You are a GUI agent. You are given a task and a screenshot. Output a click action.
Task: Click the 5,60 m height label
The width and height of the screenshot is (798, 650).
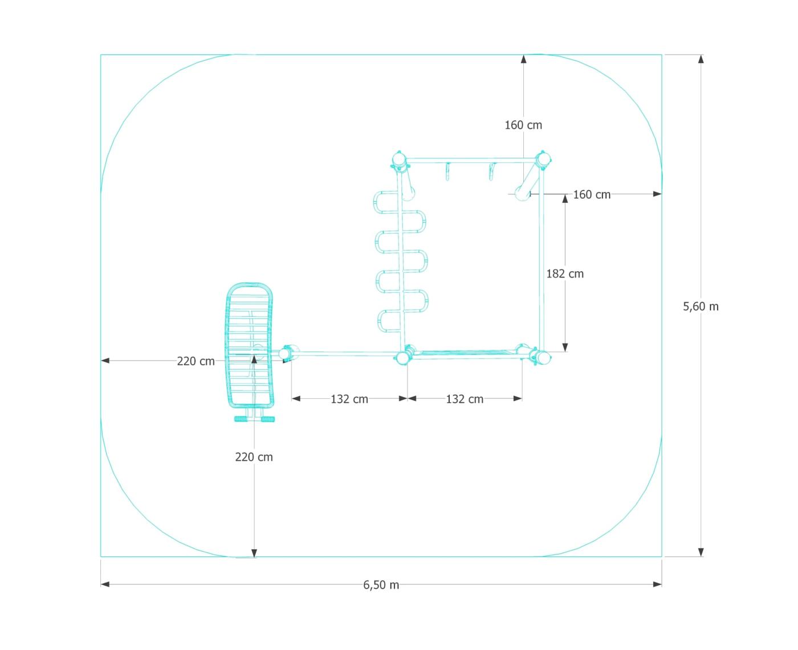pos(700,306)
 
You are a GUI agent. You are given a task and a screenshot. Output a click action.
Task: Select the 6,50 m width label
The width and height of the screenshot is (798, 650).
pos(381,584)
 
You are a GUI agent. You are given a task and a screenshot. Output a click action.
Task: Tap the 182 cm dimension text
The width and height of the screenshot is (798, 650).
pos(565,273)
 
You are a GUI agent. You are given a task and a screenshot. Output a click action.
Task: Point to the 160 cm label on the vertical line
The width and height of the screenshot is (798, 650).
pos(523,125)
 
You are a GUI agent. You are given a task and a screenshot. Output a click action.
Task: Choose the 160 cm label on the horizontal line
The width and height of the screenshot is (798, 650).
pos(592,194)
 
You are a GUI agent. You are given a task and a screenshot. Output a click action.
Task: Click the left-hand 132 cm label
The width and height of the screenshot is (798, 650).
pos(349,399)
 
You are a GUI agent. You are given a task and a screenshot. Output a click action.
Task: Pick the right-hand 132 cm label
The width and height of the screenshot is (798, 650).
pos(465,399)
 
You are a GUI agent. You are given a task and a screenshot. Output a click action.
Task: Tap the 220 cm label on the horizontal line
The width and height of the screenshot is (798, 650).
pos(196,361)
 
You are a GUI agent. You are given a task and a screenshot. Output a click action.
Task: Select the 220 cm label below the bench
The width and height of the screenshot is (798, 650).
pos(254,457)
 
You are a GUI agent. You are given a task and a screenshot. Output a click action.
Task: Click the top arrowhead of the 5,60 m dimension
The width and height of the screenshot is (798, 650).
pos(701,59)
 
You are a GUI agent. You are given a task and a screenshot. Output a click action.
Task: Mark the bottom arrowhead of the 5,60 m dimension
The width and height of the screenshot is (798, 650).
pos(701,552)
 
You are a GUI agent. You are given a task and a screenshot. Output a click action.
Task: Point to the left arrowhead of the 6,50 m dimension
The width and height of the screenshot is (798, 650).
pos(105,584)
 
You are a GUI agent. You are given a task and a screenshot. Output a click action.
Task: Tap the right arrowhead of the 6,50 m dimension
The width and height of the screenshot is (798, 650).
pos(657,584)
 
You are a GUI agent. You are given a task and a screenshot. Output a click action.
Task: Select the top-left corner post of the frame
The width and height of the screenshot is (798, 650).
pos(399,160)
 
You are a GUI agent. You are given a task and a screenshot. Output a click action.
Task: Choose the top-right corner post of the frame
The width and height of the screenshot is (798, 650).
pos(543,159)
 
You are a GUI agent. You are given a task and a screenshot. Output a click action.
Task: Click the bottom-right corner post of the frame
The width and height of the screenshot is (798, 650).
pos(542,357)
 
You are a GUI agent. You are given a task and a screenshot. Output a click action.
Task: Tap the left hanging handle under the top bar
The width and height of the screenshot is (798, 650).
pos(447,171)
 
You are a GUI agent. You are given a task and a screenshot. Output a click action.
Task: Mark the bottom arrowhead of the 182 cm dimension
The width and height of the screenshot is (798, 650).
pos(565,347)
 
